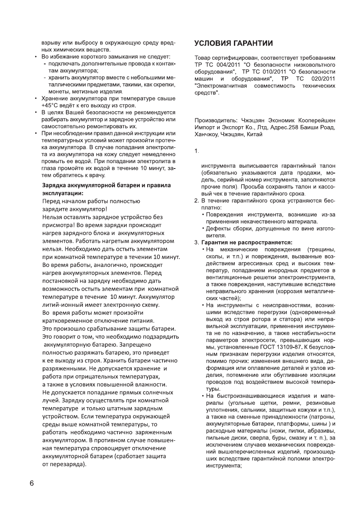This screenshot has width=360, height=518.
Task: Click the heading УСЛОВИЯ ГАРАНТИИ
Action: pos(234,44)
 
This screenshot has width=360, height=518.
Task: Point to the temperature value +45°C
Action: pos(51,105)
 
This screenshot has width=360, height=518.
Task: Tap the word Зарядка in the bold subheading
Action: pos(55,185)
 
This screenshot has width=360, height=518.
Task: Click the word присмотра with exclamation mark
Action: pos(59,225)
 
